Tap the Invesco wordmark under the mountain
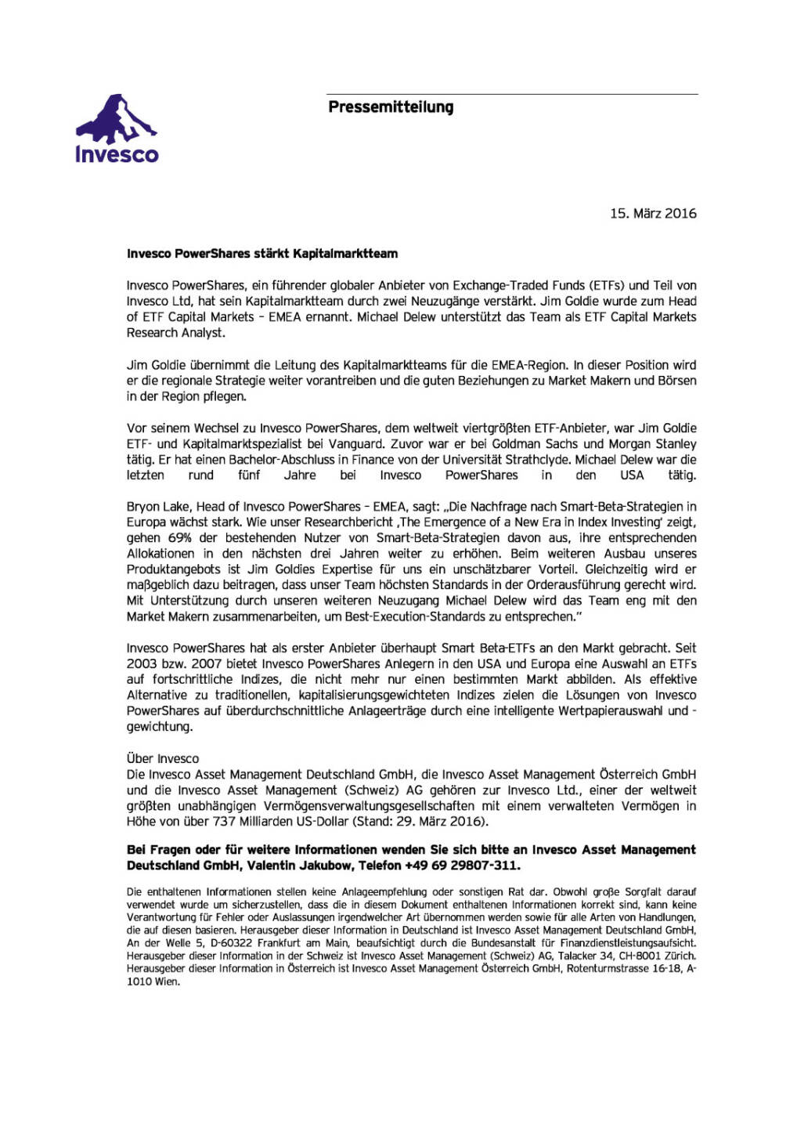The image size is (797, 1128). [x=117, y=154]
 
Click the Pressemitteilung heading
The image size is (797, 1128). [x=391, y=107]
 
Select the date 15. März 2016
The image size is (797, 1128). [x=653, y=214]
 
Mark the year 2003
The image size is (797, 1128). [x=142, y=664]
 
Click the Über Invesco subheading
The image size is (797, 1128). [x=163, y=758]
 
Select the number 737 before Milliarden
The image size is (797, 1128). [x=224, y=822]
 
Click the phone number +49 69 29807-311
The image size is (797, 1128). [x=461, y=866]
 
